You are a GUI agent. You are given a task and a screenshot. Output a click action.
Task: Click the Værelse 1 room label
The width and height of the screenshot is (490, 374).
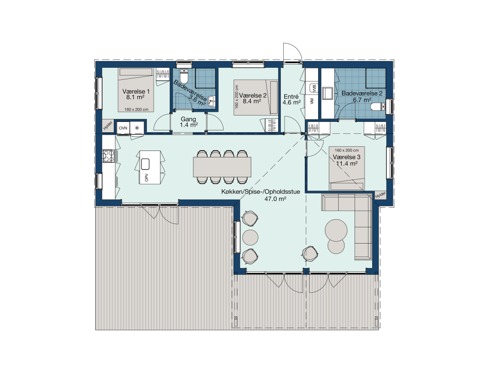[136, 91]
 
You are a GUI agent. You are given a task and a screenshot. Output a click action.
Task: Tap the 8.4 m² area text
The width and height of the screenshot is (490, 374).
[252, 101]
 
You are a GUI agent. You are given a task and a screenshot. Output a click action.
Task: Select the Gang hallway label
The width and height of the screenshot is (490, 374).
[189, 119]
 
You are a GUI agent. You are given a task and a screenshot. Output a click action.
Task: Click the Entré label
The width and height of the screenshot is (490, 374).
[291, 96]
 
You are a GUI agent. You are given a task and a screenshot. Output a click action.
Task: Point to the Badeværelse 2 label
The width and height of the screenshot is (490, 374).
[362, 93]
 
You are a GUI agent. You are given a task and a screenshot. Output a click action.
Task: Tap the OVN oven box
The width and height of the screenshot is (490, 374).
[123, 128]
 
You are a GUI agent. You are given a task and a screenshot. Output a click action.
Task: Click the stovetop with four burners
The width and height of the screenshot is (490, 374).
[109, 156]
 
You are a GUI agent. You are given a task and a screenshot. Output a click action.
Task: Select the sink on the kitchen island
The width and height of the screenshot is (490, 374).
[145, 164]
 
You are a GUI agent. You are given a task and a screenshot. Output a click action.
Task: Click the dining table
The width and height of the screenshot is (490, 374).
[222, 167]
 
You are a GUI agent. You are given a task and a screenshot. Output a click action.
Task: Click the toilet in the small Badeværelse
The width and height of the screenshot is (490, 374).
[184, 75]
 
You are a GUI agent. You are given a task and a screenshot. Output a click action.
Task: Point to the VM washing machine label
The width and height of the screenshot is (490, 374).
[312, 101]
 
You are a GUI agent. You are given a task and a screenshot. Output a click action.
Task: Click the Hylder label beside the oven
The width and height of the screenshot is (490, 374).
[108, 126]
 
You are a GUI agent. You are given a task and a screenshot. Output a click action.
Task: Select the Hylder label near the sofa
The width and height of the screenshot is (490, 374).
[380, 195]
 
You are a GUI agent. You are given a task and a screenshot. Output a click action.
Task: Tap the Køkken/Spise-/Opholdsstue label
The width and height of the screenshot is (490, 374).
[261, 192]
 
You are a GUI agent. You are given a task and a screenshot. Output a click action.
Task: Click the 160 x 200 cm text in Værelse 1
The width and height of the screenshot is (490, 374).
[136, 109]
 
